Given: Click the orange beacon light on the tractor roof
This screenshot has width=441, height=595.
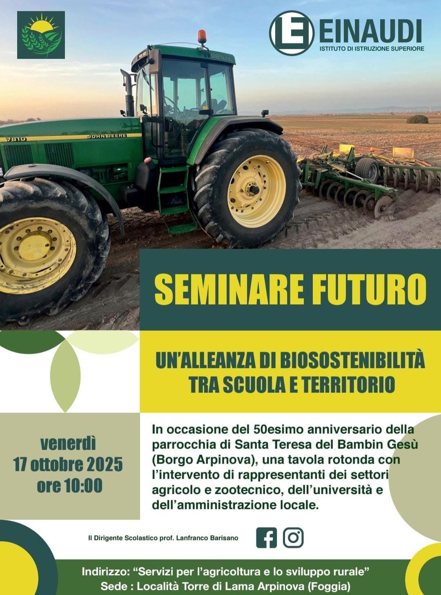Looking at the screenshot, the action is tap(202, 36).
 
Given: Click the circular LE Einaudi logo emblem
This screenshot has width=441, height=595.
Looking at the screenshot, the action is tap(292, 33).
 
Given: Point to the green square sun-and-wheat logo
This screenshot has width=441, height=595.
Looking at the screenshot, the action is tap(41, 35).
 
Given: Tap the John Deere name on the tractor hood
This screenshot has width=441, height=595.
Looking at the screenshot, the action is tap(107, 136).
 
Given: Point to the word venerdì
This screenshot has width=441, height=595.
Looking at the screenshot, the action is tap(68, 444).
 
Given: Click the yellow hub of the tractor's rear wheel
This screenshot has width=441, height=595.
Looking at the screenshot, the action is tap(252, 189).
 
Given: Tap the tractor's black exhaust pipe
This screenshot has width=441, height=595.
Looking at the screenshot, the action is tap(128, 92).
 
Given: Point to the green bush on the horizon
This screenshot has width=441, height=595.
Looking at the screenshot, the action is tap(417, 119).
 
